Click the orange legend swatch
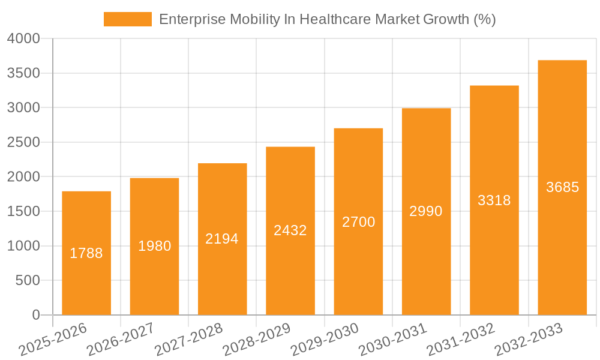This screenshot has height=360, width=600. [127, 19]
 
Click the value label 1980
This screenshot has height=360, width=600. [155, 246]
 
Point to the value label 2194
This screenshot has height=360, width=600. [222, 239]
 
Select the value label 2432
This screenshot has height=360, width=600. [290, 230]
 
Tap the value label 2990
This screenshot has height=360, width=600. [426, 211]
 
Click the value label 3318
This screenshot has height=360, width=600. [494, 200]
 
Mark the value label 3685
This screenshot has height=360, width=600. [562, 187]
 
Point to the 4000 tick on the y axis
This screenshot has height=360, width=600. [23, 39]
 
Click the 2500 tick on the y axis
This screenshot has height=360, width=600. [23, 143]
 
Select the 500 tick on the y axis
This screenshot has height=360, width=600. [28, 281]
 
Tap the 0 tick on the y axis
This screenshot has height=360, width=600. [35, 315]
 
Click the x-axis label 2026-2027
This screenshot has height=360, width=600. [120, 339]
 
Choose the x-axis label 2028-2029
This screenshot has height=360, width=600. [256, 339]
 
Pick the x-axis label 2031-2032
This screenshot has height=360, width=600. [460, 339]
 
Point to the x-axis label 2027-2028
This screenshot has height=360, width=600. [188, 339]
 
